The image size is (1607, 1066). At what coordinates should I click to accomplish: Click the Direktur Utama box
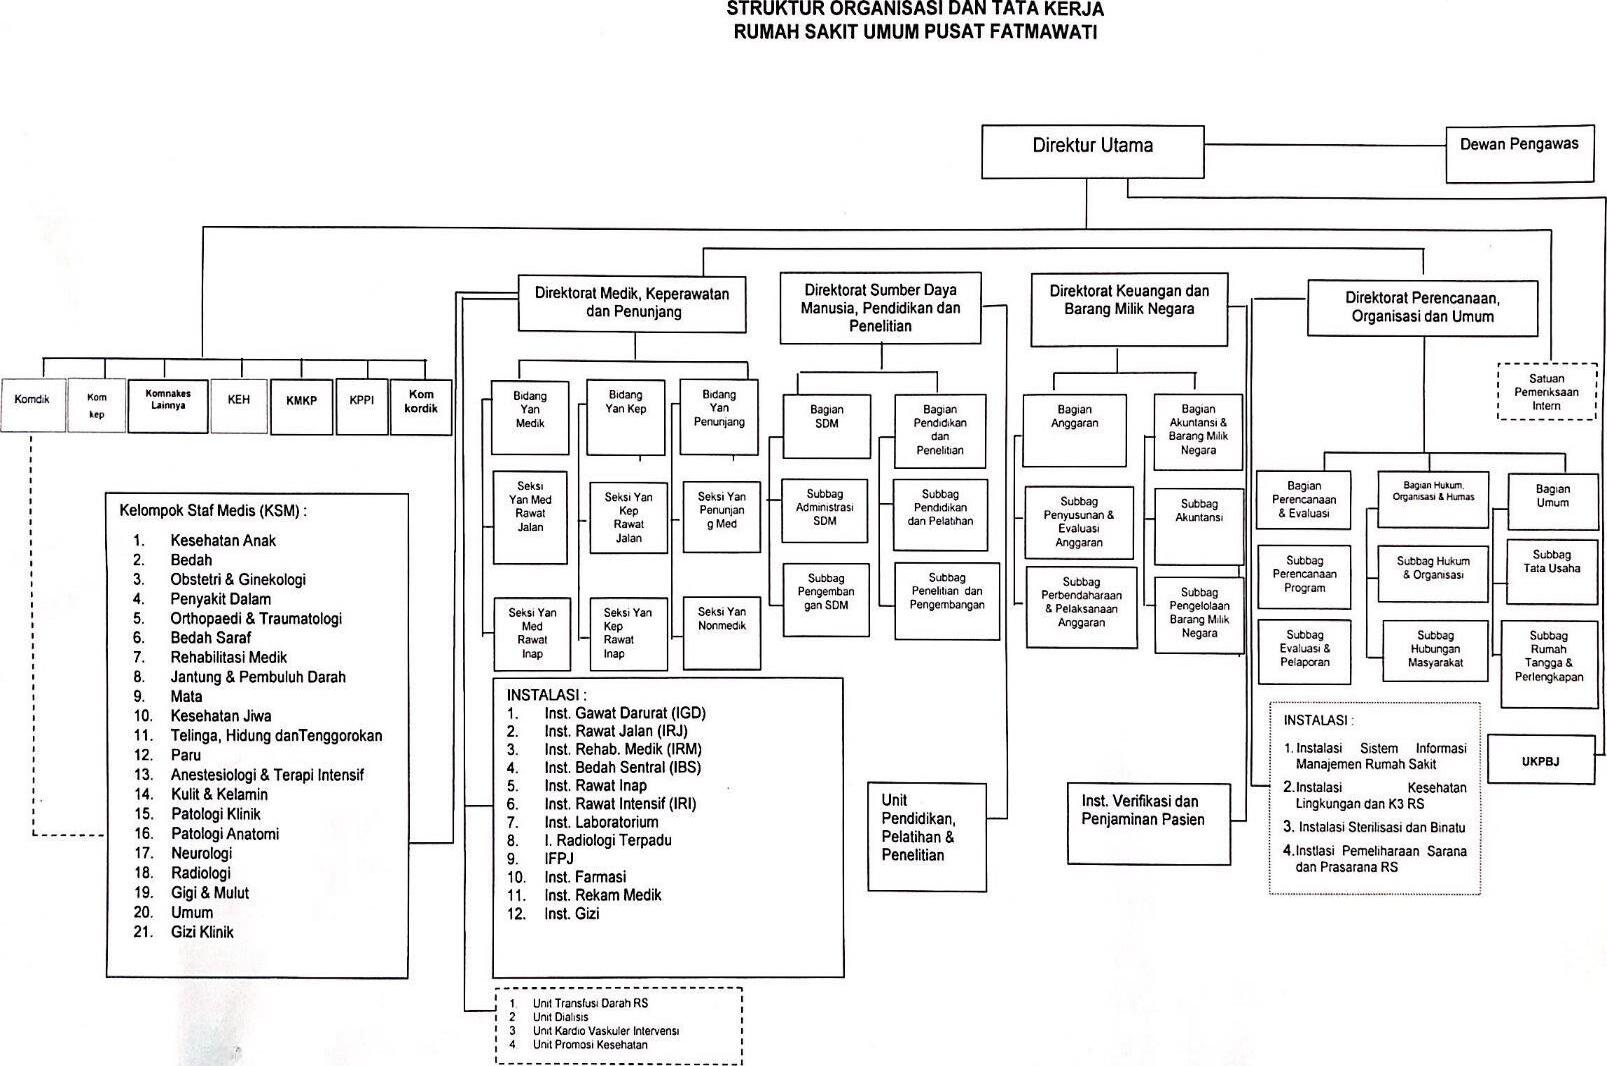1092,150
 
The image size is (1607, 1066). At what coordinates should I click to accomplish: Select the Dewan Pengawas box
1519,153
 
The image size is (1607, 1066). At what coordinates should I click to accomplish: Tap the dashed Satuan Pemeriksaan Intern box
1546,392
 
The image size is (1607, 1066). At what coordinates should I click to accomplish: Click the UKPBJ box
1541,762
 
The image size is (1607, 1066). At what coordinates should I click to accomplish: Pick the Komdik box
32,404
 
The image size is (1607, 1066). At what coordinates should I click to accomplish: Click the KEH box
239,405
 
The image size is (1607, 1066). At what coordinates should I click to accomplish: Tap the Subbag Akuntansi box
1199,525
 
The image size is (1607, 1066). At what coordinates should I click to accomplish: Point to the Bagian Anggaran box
1074,429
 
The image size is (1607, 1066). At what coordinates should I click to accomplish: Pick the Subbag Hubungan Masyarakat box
1435,650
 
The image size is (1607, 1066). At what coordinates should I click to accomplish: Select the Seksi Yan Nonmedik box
721,632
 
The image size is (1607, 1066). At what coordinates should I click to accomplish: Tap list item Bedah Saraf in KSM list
210,638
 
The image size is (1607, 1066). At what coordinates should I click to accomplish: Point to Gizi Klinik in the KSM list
202,932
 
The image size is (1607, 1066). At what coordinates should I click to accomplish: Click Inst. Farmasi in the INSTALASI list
585,877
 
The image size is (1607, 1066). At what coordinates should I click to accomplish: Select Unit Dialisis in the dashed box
560,1017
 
